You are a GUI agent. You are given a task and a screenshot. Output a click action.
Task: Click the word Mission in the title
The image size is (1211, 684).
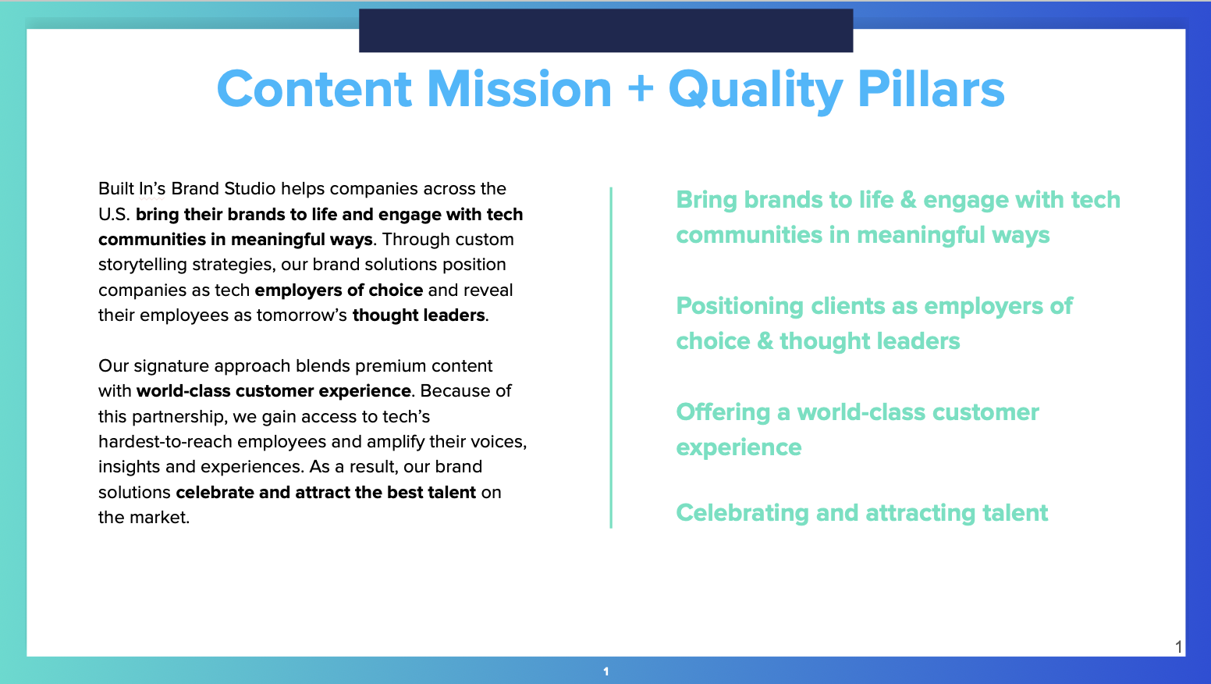[x=520, y=89]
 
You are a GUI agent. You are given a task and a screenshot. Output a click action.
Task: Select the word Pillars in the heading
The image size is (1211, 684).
[x=931, y=89]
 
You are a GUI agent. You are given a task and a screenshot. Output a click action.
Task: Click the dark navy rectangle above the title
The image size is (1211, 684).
[x=605, y=31]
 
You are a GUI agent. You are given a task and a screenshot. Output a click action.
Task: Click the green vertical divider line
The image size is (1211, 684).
[x=611, y=358]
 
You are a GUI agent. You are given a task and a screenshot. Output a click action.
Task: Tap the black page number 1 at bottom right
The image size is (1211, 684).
[x=1178, y=647]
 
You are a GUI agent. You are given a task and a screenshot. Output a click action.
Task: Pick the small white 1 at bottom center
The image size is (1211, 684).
[x=605, y=672]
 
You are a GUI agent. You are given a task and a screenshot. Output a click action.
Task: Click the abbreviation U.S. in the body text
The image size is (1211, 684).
[x=114, y=215]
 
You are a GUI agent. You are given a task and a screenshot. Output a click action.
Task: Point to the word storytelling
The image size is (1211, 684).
[x=144, y=265]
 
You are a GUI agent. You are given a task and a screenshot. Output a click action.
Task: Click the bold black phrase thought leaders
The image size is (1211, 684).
[x=419, y=315]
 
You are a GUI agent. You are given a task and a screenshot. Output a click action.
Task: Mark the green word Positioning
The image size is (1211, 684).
[x=740, y=306]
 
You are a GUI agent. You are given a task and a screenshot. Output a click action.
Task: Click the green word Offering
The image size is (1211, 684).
[x=723, y=412]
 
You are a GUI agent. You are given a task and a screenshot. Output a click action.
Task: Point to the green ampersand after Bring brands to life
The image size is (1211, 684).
[x=908, y=200]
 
